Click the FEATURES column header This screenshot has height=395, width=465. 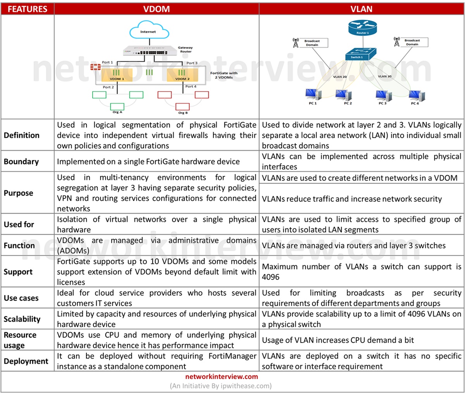[27, 9]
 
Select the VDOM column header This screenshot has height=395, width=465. [157, 9]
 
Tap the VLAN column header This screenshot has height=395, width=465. [361, 9]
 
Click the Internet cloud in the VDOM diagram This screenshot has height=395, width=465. [148, 30]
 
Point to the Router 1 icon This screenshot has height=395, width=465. [362, 28]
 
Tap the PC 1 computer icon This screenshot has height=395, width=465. [312, 95]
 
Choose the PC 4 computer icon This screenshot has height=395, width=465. [415, 95]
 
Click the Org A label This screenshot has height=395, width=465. [117, 112]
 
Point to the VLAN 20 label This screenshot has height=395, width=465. [340, 77]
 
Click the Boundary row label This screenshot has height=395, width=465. [21, 161]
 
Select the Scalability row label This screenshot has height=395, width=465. [22, 319]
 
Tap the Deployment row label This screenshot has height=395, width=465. [26, 361]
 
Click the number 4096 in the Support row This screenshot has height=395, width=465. [270, 277]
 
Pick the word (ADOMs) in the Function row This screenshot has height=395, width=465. [73, 251]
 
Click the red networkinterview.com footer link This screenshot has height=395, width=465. [221, 376]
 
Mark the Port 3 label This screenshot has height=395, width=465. [192, 63]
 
